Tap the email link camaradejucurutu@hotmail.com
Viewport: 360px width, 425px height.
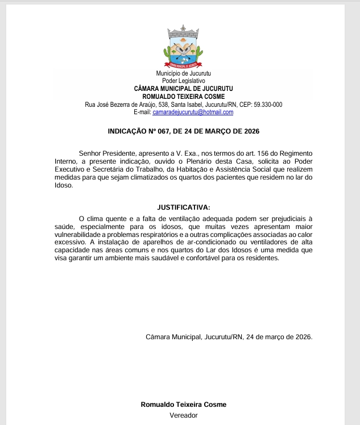point(193,113)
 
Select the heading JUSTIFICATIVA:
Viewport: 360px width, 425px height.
point(183,207)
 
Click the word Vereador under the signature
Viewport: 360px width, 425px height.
point(183,415)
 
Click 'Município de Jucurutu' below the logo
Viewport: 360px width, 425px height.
point(183,74)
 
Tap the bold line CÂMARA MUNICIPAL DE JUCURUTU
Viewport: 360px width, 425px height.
point(183,89)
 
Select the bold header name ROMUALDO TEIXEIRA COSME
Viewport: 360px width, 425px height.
point(183,97)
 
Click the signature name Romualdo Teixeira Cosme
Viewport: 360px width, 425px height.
point(183,405)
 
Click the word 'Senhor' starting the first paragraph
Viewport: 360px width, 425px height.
point(91,153)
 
